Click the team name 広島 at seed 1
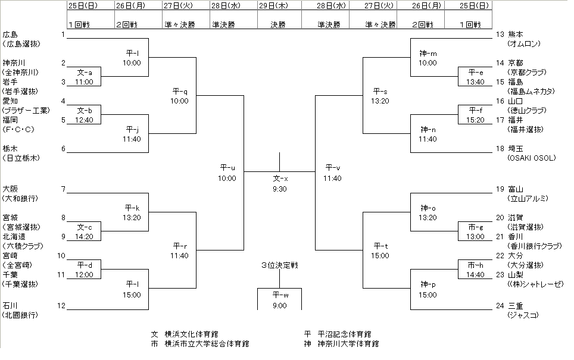coord(10,34)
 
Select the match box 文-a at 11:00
coord(84,77)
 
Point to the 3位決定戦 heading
coord(279,265)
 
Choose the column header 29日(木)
coord(279,6)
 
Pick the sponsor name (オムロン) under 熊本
coord(523,43)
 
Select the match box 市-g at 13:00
coord(475,232)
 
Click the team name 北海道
coord(14,236)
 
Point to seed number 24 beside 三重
coord(500,306)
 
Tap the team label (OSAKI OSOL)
coord(531,158)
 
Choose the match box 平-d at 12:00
coord(84,270)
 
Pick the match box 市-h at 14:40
coord(475,270)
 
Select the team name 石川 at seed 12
coord(10,306)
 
